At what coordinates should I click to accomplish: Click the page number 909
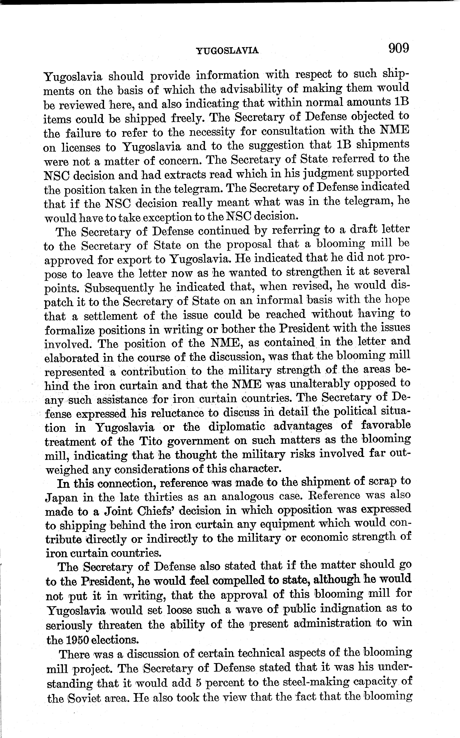(x=398, y=48)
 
